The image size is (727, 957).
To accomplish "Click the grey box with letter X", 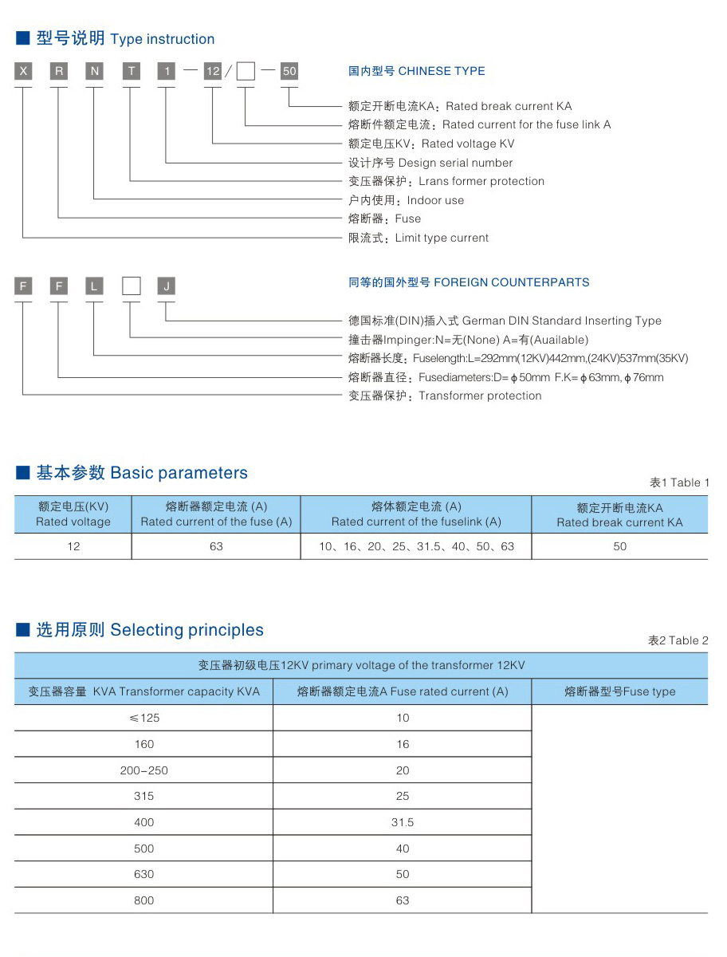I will (23, 72).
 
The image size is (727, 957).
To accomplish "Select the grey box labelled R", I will (59, 72).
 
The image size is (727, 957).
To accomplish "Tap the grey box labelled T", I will (131, 72).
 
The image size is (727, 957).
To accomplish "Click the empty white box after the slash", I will (246, 72).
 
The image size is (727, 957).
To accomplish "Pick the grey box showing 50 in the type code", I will (289, 72).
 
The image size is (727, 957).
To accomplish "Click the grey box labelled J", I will (166, 286).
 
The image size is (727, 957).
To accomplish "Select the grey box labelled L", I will (94, 286).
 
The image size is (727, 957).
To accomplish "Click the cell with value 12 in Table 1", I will (73, 546).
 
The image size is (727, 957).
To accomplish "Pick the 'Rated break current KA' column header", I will (619, 515).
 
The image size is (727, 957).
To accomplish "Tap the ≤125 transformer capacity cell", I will (144, 718).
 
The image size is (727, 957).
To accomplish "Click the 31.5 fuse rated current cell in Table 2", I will (403, 822).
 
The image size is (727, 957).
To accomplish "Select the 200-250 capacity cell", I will (144, 770).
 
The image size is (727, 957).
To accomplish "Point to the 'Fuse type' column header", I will (619, 691).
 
